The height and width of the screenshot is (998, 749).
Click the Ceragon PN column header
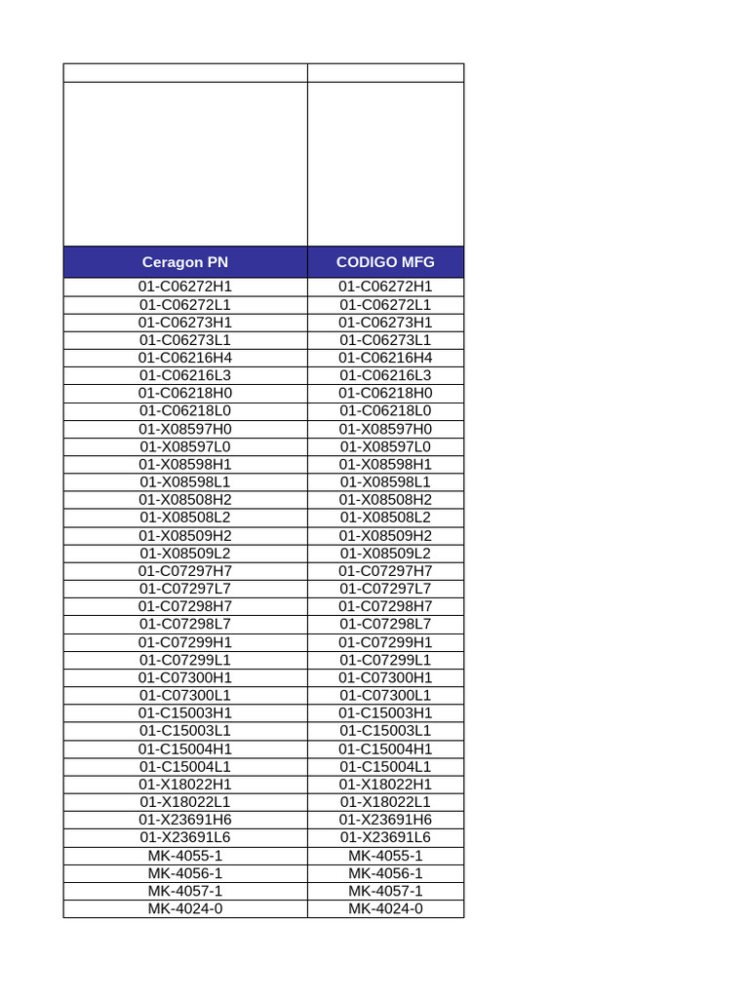(185, 262)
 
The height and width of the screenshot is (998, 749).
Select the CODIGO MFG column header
(385, 262)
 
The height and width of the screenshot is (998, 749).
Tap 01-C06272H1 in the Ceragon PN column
(185, 287)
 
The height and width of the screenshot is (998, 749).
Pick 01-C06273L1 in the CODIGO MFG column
(385, 340)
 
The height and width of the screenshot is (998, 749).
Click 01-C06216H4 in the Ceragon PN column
(185, 358)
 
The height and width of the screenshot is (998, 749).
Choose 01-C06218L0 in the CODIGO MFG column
(385, 411)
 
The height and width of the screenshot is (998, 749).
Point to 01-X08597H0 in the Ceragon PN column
(185, 429)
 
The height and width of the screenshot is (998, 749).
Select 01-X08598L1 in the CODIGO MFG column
(385, 482)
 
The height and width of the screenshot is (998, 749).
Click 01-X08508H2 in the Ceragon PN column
(185, 500)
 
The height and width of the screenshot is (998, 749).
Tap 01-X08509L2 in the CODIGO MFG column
(385, 554)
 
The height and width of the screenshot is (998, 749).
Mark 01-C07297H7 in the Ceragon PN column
(185, 571)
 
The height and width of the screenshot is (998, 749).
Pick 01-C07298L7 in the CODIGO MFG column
(385, 624)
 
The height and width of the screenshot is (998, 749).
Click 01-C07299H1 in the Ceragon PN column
(185, 642)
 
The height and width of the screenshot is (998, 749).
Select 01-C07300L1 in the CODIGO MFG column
(385, 695)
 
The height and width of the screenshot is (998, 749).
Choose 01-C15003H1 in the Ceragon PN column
(185, 712)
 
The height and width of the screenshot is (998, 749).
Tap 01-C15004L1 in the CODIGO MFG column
(385, 766)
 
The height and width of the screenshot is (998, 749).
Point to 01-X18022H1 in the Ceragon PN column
(185, 785)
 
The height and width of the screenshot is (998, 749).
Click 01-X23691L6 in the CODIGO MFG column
(385, 837)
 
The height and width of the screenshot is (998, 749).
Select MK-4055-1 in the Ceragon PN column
(185, 856)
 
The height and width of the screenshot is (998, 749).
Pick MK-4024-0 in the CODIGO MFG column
(385, 908)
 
